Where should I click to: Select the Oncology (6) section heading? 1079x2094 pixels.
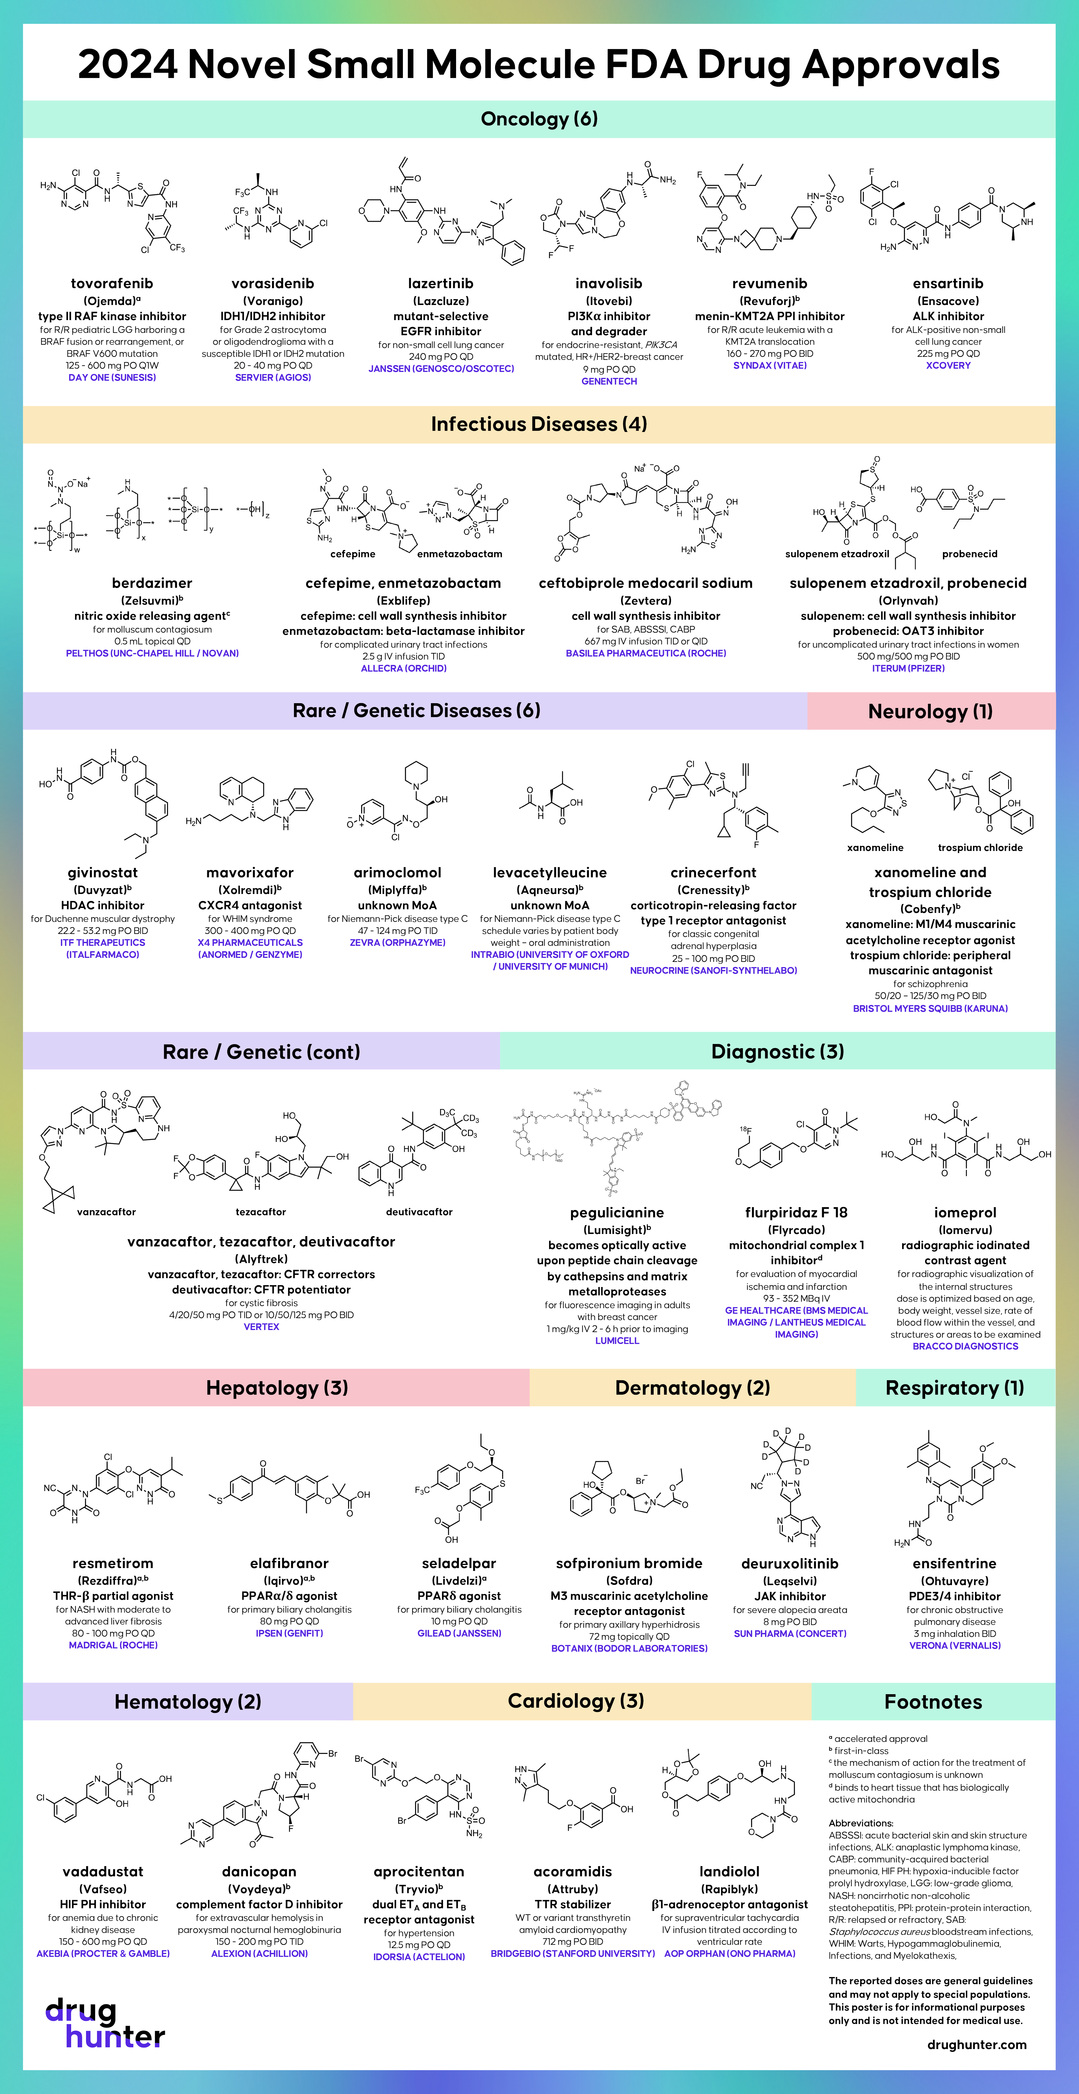point(539,119)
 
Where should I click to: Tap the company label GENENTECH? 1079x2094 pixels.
point(609,381)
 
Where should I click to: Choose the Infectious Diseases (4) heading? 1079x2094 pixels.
point(539,424)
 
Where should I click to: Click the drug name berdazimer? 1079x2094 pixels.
point(152,583)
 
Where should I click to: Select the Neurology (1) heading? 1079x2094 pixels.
point(930,711)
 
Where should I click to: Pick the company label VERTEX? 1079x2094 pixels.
point(261,1327)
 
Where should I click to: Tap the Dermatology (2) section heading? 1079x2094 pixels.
point(692,1387)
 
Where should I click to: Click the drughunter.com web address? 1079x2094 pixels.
point(976,2044)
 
